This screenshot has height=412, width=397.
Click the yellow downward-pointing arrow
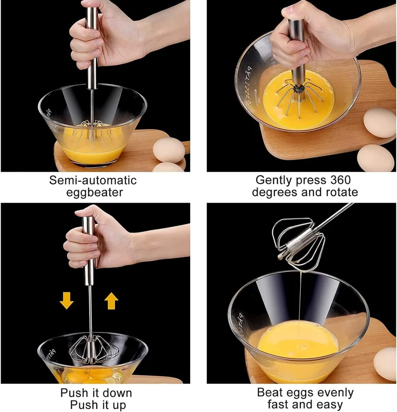(x=66, y=300)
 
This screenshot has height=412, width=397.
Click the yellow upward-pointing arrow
(x=111, y=301)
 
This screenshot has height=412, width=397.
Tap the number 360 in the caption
(x=340, y=180)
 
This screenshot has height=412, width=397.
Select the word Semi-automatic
(x=93, y=181)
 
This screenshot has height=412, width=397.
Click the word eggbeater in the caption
(x=95, y=193)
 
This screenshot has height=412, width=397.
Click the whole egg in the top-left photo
(x=169, y=150)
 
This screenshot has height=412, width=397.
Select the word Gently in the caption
(x=274, y=181)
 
